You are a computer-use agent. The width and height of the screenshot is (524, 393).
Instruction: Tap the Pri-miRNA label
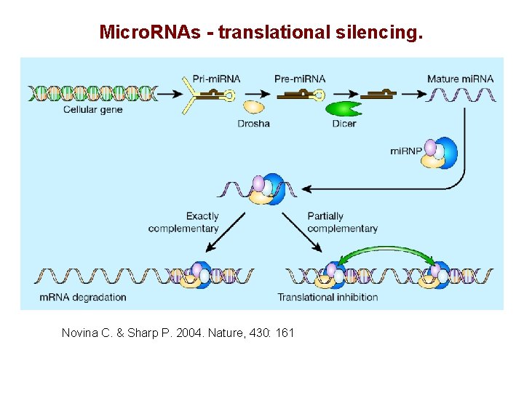[217, 79]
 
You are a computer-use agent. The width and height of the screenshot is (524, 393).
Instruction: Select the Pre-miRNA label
[300, 79]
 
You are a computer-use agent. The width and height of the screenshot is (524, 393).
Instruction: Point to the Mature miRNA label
[460, 79]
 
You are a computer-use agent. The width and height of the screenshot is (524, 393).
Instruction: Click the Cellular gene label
[93, 110]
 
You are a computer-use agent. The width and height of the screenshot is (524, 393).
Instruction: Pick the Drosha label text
[253, 124]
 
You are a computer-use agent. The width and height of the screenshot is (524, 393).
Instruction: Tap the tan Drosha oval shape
[253, 107]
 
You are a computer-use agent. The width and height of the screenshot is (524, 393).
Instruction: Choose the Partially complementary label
[341, 222]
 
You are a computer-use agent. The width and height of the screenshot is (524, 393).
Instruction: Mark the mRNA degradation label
[82, 297]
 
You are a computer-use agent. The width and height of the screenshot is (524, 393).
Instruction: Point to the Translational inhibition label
[327, 297]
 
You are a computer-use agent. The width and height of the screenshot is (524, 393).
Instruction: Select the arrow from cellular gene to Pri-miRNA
[172, 94]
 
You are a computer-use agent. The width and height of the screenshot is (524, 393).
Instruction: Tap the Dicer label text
[344, 124]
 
